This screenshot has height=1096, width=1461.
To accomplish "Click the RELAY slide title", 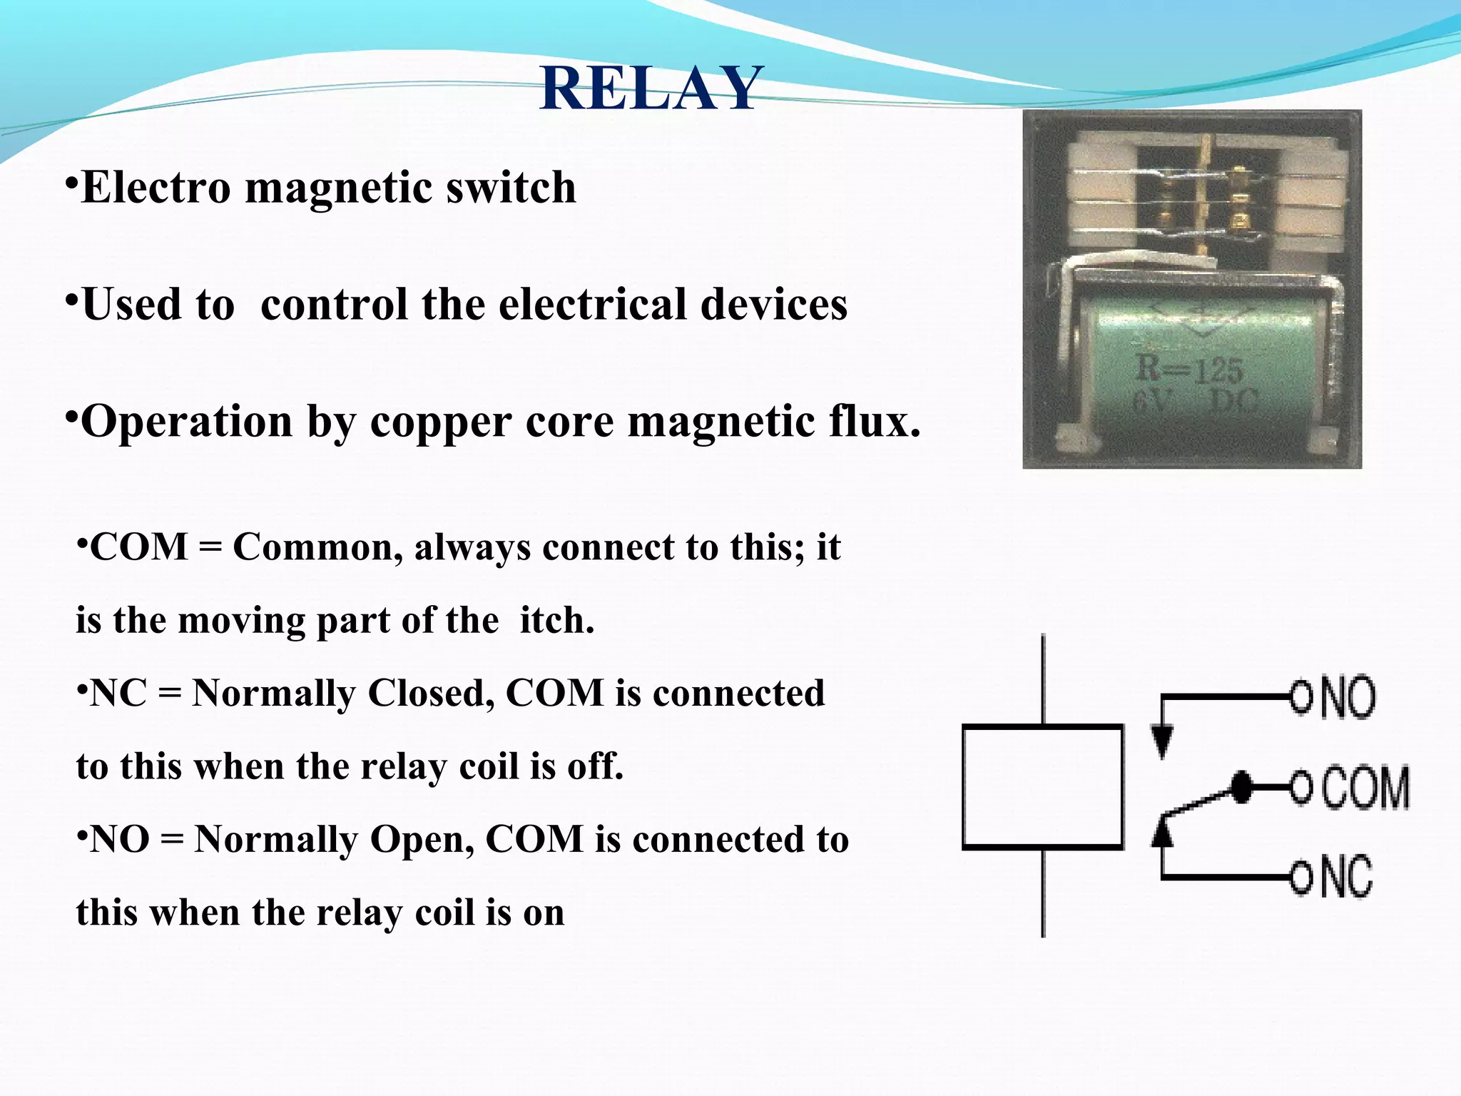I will pos(651,88).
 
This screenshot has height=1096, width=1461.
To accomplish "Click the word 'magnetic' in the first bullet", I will pos(338,188).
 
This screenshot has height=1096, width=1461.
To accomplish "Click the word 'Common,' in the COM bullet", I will pos(317,548).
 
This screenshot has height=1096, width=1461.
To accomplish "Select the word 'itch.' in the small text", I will pos(556,621).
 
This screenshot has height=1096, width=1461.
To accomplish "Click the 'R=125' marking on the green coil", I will pos(1188,370).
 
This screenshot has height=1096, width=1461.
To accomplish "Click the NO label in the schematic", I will pos(1348,697).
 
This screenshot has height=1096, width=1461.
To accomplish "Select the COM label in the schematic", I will pos(1365,788).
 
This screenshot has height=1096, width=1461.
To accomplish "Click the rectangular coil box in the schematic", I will pos(1042,787).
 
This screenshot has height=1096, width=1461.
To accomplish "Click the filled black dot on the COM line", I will pos(1242,787).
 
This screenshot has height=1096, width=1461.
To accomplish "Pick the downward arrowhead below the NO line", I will pos(1163,742).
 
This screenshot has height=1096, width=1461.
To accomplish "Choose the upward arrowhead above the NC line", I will pos(1163,832).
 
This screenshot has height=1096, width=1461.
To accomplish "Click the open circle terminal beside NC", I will pos(1300,878).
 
